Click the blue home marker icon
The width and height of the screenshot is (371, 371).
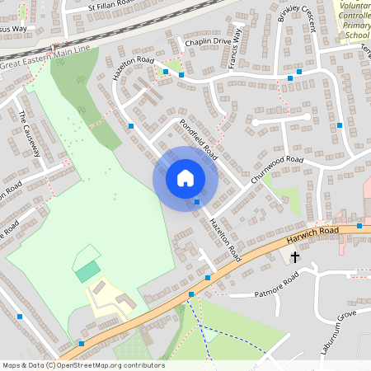(x=185, y=178)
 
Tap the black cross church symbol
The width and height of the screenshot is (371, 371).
(x=295, y=257)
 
